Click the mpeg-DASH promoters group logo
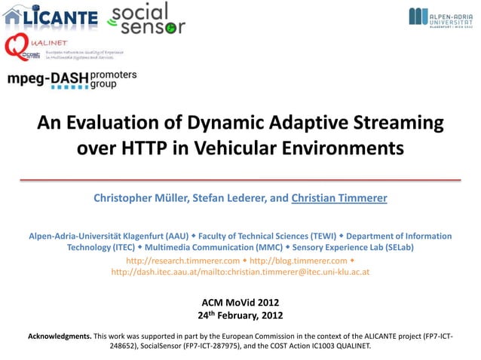click(72, 80)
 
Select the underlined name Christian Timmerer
click(339, 199)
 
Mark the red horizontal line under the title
click(240, 180)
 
